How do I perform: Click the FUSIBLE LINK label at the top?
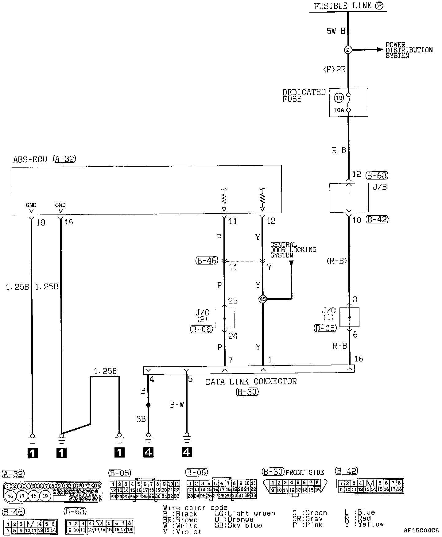pyautogui.click(x=344, y=6)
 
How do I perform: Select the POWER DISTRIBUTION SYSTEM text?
pyautogui.click(x=409, y=50)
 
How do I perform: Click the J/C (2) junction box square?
pyautogui.click(x=224, y=319)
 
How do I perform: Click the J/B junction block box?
pyautogui.click(x=349, y=198)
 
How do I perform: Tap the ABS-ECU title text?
pyautogui.click(x=30, y=160)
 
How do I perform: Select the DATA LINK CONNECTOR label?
pyautogui.click(x=251, y=381)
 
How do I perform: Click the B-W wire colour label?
pyautogui.click(x=177, y=405)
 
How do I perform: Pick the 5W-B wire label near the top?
pyautogui.click(x=336, y=31)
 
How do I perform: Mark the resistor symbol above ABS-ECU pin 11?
pyautogui.click(x=224, y=199)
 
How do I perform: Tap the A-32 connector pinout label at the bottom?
pyautogui.click(x=13, y=474)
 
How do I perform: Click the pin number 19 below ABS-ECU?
pyautogui.click(x=41, y=222)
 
